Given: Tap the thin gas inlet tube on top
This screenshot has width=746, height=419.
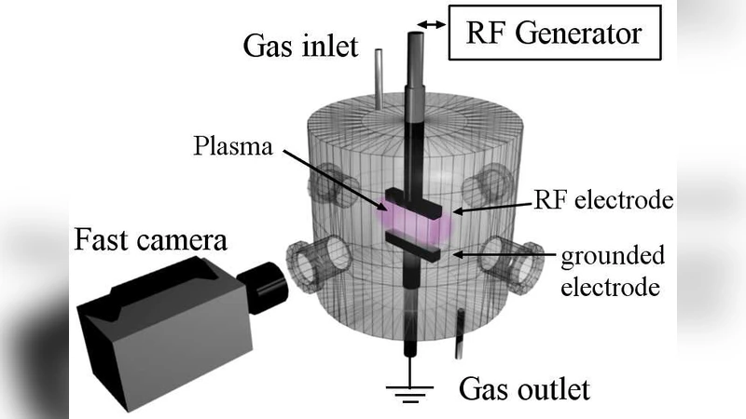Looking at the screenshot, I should pos(378,74).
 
